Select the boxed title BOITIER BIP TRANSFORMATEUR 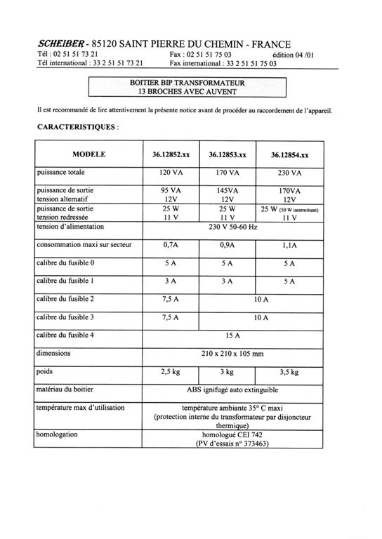[187, 83]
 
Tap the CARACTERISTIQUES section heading [77, 128]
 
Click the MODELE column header [88, 153]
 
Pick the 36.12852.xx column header [170, 154]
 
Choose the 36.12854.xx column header [289, 154]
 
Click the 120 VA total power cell [170, 173]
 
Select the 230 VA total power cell [289, 173]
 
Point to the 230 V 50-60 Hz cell [232, 227]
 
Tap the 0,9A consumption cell [227, 245]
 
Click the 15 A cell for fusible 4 [232, 335]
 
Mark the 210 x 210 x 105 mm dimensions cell [232, 354]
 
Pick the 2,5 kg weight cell [170, 372]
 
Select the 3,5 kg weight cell [289, 372]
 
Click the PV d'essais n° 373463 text [232, 444]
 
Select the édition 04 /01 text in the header [297, 54]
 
